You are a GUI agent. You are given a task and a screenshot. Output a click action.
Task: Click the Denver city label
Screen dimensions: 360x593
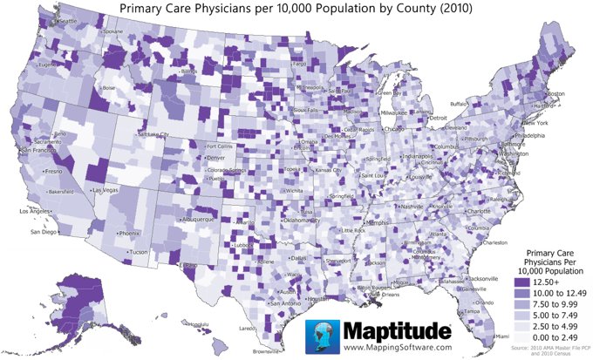tap(218, 158)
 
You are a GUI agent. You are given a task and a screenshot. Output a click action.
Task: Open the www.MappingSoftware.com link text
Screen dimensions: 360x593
tap(378, 347)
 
